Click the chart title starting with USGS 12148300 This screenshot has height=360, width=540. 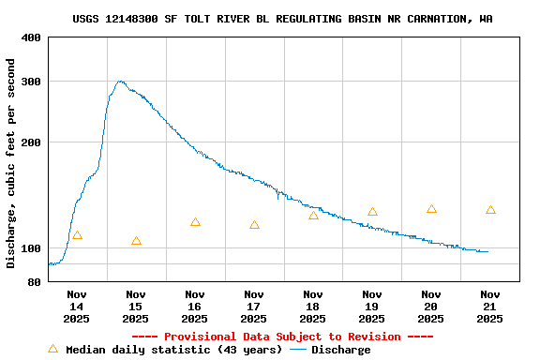tap(282, 19)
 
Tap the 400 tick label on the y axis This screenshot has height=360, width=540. tap(31, 37)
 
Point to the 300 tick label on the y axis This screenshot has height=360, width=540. tap(31, 82)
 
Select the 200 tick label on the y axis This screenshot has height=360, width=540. tap(31, 142)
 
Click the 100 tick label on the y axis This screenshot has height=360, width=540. tap(31, 248)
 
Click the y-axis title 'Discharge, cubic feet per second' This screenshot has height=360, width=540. tap(11, 163)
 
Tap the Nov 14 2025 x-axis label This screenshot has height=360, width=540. tap(77, 307)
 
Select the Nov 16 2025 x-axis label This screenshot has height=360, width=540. tap(195, 307)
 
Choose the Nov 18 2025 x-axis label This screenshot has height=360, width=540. tap(313, 307)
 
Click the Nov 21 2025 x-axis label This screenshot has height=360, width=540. tap(490, 307)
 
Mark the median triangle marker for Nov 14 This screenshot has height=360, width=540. tap(77, 235)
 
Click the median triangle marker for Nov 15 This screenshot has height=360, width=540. tap(136, 241)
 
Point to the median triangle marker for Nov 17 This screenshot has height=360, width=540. tap(254, 225)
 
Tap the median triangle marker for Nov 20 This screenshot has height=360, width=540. tap(431, 209)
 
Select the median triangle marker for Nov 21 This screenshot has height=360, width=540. tap(490, 210)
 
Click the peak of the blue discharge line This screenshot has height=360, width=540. tap(120, 82)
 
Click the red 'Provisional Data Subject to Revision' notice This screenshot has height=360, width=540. tap(282, 337)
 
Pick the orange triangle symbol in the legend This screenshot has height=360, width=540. tap(52, 349)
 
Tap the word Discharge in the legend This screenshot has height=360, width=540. tap(340, 350)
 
